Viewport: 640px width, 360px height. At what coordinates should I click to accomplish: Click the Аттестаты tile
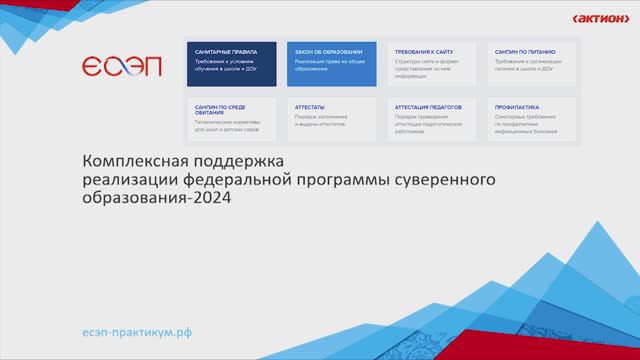coord(331,118)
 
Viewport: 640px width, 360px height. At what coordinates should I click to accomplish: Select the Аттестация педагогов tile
coord(431,118)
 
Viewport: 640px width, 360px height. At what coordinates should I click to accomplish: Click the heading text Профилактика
coord(516,105)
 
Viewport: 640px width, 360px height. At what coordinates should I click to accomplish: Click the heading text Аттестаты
coord(310,105)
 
